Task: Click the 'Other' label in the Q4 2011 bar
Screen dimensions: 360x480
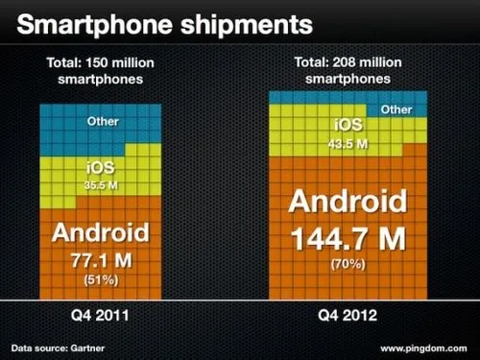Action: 103,122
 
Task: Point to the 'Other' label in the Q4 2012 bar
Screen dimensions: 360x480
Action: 396,110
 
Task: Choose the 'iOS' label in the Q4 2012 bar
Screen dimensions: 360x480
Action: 348,125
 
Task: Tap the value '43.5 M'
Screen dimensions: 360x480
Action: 348,142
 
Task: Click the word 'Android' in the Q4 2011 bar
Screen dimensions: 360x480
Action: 100,232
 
